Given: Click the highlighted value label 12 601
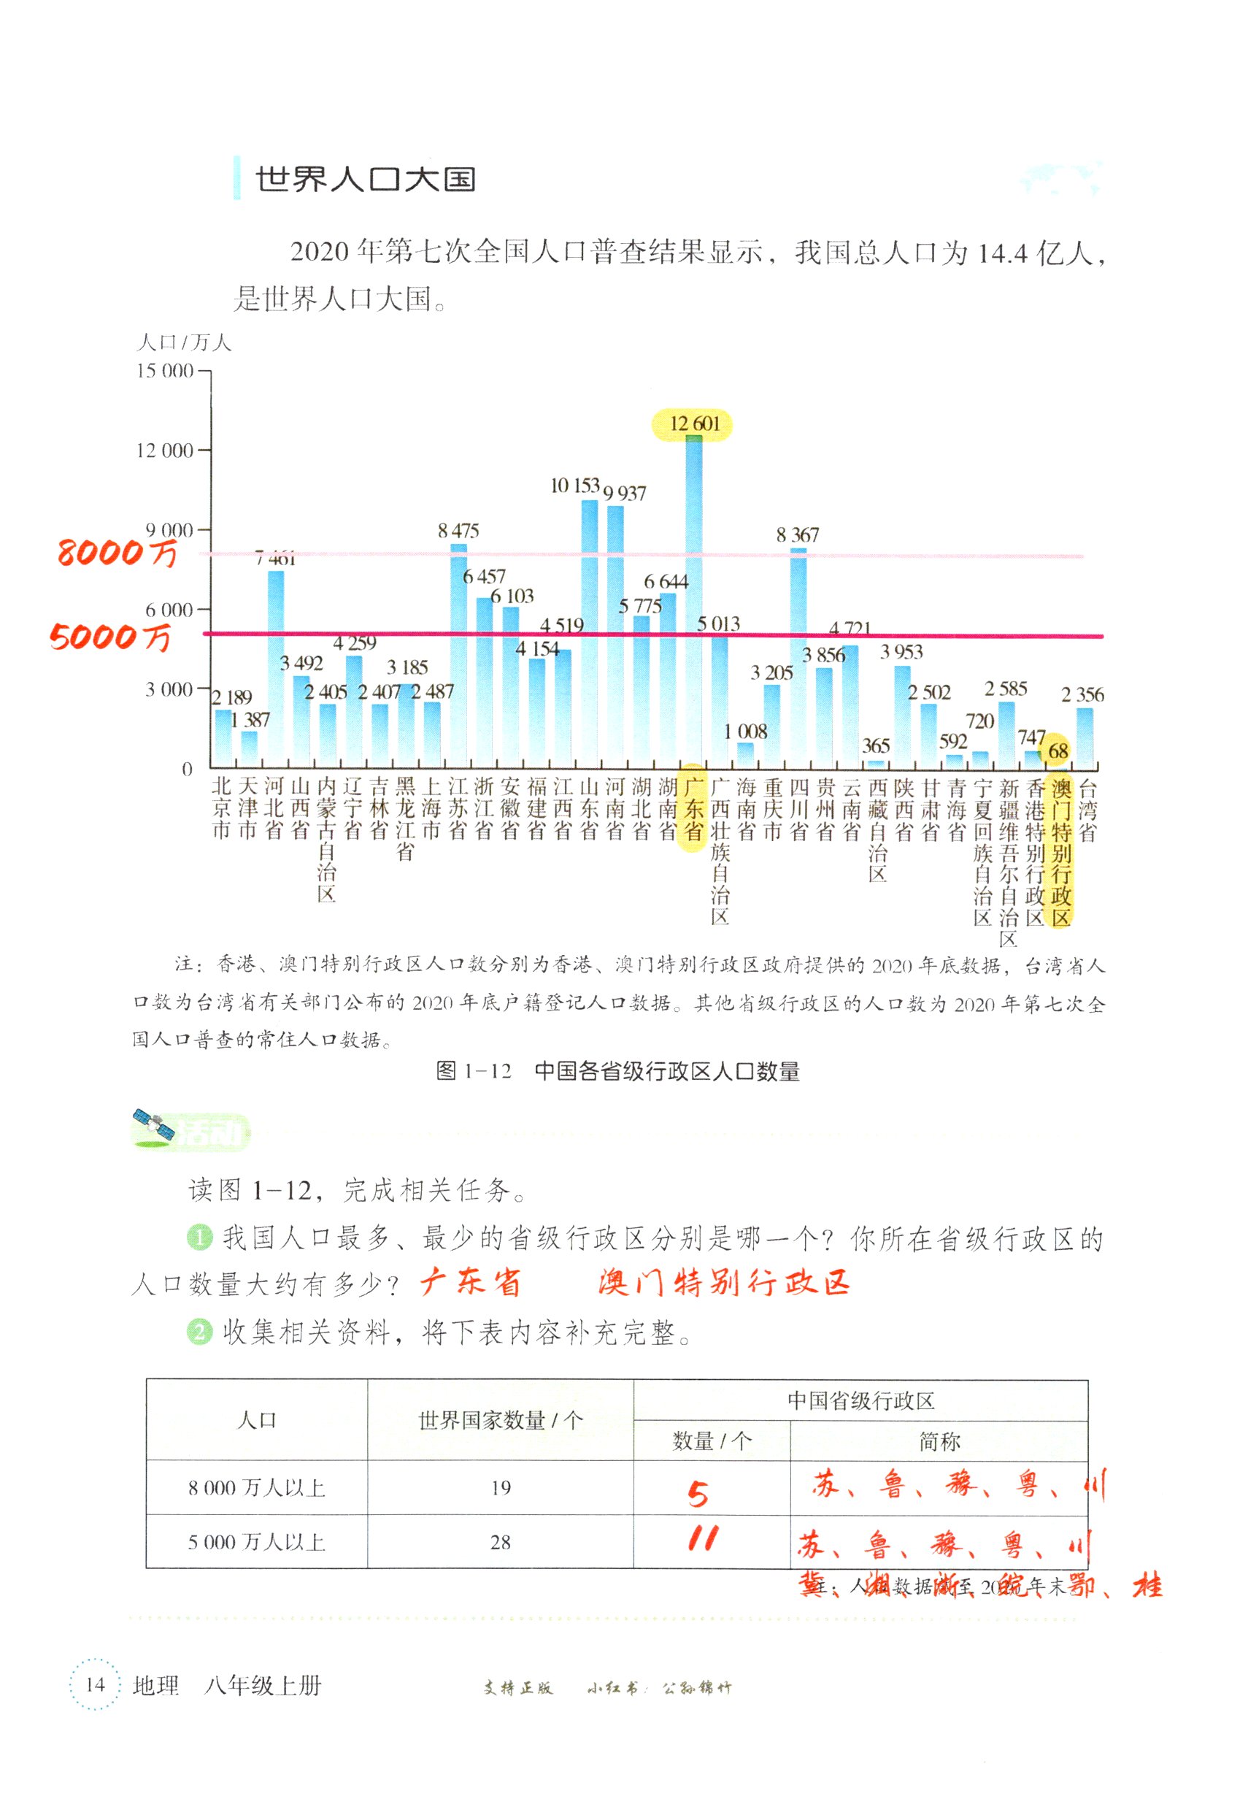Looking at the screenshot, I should [693, 424].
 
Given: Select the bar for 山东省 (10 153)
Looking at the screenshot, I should [590, 634].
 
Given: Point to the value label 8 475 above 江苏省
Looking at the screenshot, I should [458, 531].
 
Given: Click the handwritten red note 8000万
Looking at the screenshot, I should [118, 553].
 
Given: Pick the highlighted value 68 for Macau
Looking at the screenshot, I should [1058, 751].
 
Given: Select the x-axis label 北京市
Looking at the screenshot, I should [221, 808].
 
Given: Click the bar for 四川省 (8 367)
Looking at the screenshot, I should [798, 657].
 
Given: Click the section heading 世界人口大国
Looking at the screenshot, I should [365, 180].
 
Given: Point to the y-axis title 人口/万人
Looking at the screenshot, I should [184, 342].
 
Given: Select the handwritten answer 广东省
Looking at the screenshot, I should [471, 1284].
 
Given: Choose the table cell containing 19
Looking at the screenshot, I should [501, 1488].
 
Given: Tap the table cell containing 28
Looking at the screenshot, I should [501, 1542].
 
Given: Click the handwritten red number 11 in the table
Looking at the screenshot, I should [702, 1539].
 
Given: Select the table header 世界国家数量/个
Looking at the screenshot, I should [501, 1420].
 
